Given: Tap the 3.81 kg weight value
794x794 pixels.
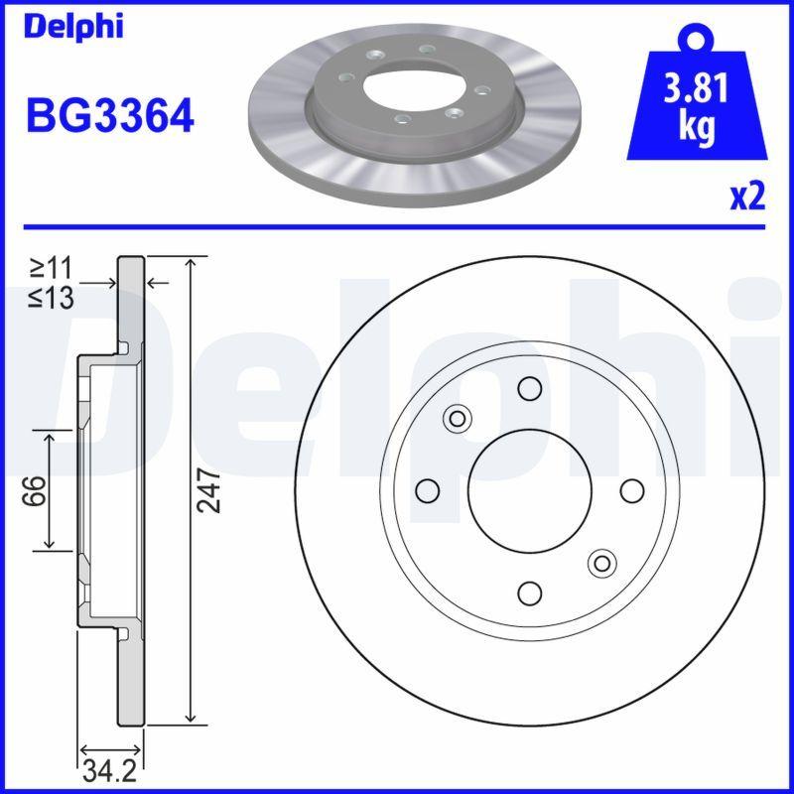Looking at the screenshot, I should pos(696,107).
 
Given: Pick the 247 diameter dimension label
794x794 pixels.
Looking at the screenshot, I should pos(207,490).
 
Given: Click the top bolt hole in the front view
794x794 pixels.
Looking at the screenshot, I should pos(530,388).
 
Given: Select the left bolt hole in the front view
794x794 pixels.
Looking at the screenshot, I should pos(428,490).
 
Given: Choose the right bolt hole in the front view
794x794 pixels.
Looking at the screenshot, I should pos(631,490).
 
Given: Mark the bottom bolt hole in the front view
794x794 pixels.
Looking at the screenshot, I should pos(530,593).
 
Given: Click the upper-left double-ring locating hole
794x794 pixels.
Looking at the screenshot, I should pos(458,418).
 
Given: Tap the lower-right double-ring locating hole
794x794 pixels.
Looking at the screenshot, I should pos(601,564).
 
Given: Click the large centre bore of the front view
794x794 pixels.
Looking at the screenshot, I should pos(530,490).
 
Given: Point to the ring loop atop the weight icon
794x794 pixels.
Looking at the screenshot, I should pos(696,39).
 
